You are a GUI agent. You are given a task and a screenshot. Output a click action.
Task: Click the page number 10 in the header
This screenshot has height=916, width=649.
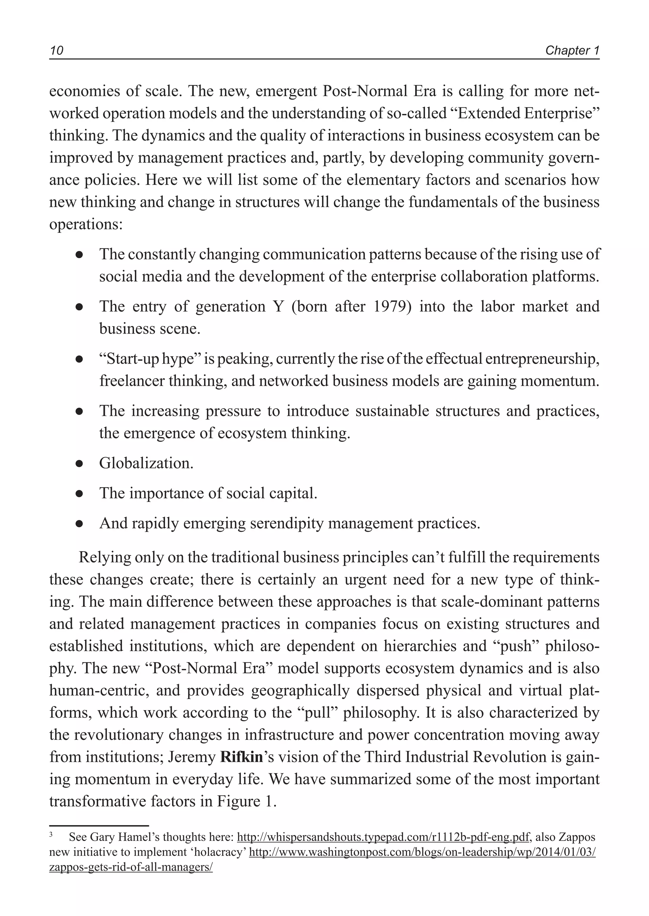coord(56,51)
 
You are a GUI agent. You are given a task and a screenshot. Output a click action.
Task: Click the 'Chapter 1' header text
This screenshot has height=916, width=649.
coord(572,51)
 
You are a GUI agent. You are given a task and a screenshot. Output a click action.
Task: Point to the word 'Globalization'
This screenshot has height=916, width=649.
coord(145,463)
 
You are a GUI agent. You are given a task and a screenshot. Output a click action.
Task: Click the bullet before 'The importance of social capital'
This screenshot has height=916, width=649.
coord(79,494)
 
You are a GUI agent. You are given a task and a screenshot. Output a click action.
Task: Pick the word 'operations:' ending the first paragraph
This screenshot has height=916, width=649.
coord(86,224)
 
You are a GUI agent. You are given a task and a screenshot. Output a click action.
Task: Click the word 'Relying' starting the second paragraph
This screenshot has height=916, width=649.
coord(104,557)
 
